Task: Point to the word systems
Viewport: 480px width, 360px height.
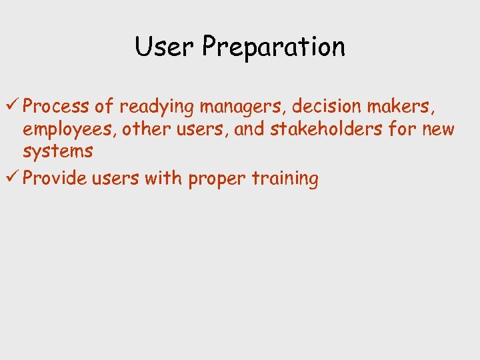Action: pos(57,152)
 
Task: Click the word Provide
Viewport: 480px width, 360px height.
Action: pos(56,179)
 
